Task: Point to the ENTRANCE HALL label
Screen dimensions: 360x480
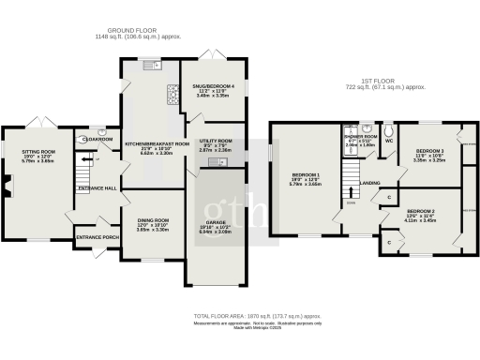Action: coord(98,189)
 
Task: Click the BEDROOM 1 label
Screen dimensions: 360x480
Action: coord(305,175)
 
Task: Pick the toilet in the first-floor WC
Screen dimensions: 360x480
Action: coord(388,133)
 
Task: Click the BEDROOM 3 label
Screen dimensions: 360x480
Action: coord(429,151)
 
